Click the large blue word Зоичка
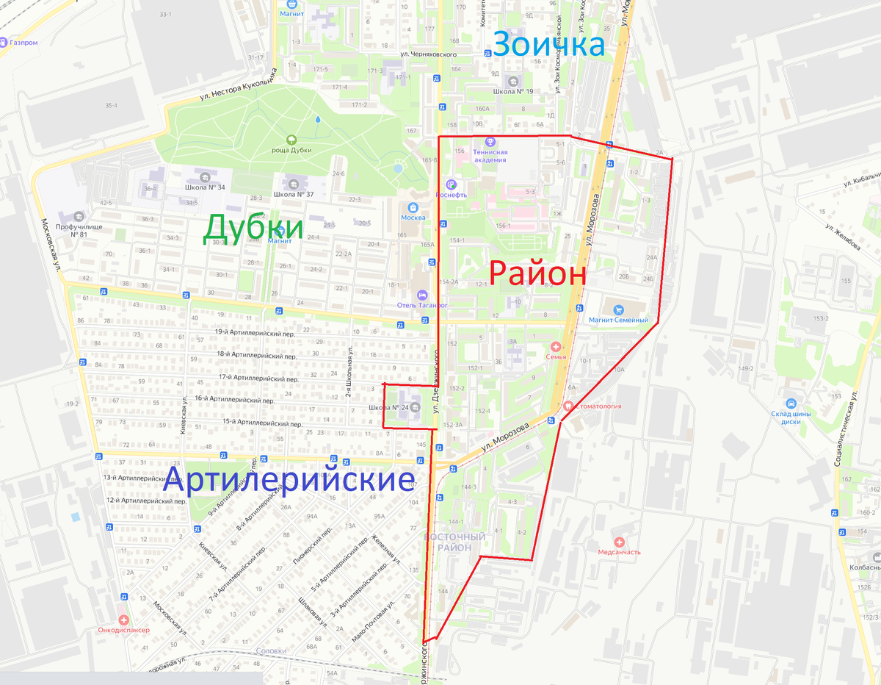point(549,45)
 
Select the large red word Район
point(538,274)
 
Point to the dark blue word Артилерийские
point(289,481)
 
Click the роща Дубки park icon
point(292,140)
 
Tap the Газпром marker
point(4,42)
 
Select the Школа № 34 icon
point(204,176)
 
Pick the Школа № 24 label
point(388,407)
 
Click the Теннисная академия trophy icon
point(490,141)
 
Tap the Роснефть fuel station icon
point(452,184)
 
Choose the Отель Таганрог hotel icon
point(421,295)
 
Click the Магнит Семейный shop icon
point(617,309)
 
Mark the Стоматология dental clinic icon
point(568,405)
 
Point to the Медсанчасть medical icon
point(619,542)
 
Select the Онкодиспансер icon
point(123,620)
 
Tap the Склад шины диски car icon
point(790,404)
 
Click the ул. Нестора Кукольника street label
point(239,87)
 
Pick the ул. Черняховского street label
point(429,54)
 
